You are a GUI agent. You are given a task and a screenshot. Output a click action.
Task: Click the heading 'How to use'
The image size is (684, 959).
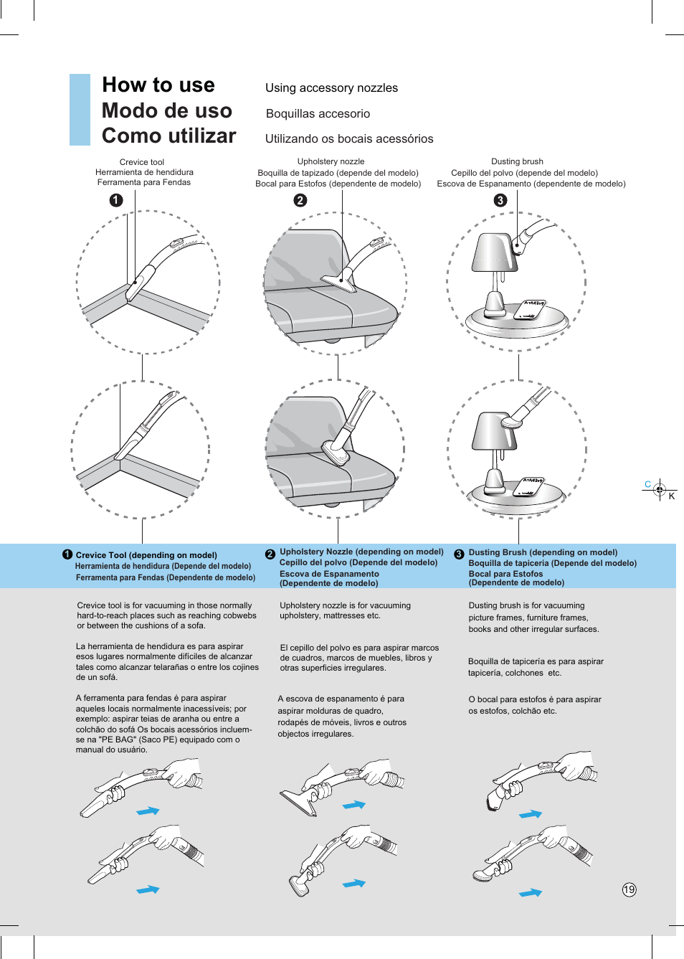[158, 85]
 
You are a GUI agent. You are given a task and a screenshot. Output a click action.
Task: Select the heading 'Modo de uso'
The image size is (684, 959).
[166, 111]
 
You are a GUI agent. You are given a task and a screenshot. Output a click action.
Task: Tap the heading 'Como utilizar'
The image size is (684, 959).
[168, 136]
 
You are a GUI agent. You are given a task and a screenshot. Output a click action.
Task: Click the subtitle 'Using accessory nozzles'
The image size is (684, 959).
[331, 88]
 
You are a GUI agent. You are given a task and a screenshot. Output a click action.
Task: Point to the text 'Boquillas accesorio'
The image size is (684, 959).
[318, 114]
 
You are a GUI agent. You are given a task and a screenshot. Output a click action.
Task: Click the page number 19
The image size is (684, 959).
[629, 889]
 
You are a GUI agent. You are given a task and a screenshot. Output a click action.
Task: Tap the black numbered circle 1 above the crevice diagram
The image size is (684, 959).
[116, 201]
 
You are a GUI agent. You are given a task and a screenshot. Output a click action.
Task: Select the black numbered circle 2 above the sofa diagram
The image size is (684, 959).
[300, 201]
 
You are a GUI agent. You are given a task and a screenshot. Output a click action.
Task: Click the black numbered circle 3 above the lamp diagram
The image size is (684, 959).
[500, 201]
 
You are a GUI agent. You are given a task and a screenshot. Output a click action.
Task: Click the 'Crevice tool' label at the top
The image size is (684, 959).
[142, 162]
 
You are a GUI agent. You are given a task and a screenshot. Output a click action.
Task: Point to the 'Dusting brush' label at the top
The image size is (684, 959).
[517, 161]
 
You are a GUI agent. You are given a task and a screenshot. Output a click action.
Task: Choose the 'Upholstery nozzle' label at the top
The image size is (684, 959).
[331, 161]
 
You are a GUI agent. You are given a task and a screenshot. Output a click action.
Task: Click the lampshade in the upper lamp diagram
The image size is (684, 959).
[493, 253]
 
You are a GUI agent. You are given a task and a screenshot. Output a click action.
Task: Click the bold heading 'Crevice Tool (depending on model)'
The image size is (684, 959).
[146, 555]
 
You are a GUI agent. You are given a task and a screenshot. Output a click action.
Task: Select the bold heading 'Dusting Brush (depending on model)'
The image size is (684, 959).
[543, 552]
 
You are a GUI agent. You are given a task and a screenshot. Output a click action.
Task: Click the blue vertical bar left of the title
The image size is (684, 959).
[80, 110]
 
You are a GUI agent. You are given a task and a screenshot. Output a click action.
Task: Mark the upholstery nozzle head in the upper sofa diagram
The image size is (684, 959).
[338, 282]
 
